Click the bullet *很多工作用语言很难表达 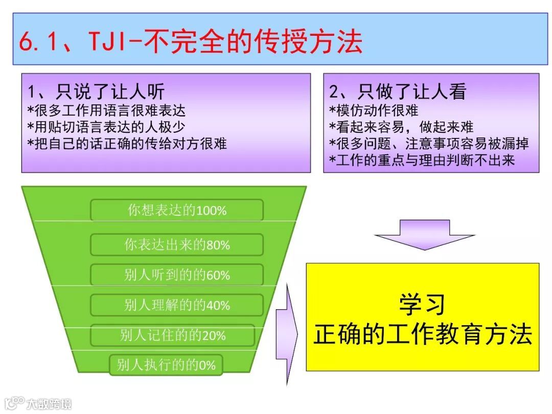tap(106, 110)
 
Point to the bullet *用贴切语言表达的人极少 tap(106, 126)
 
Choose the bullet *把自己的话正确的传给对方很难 tap(127, 143)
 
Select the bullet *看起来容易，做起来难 tap(402, 126)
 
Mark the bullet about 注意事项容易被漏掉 tap(429, 143)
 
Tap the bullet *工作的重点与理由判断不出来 tap(422, 160)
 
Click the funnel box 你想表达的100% tap(177, 210)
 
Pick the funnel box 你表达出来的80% tap(177, 245)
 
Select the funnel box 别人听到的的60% tap(177, 275)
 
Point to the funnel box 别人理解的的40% tap(177, 305)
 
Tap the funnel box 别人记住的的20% tap(173, 335)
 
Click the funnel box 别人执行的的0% tap(166, 365)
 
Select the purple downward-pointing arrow tap(424, 235)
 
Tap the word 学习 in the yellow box tap(422, 305)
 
